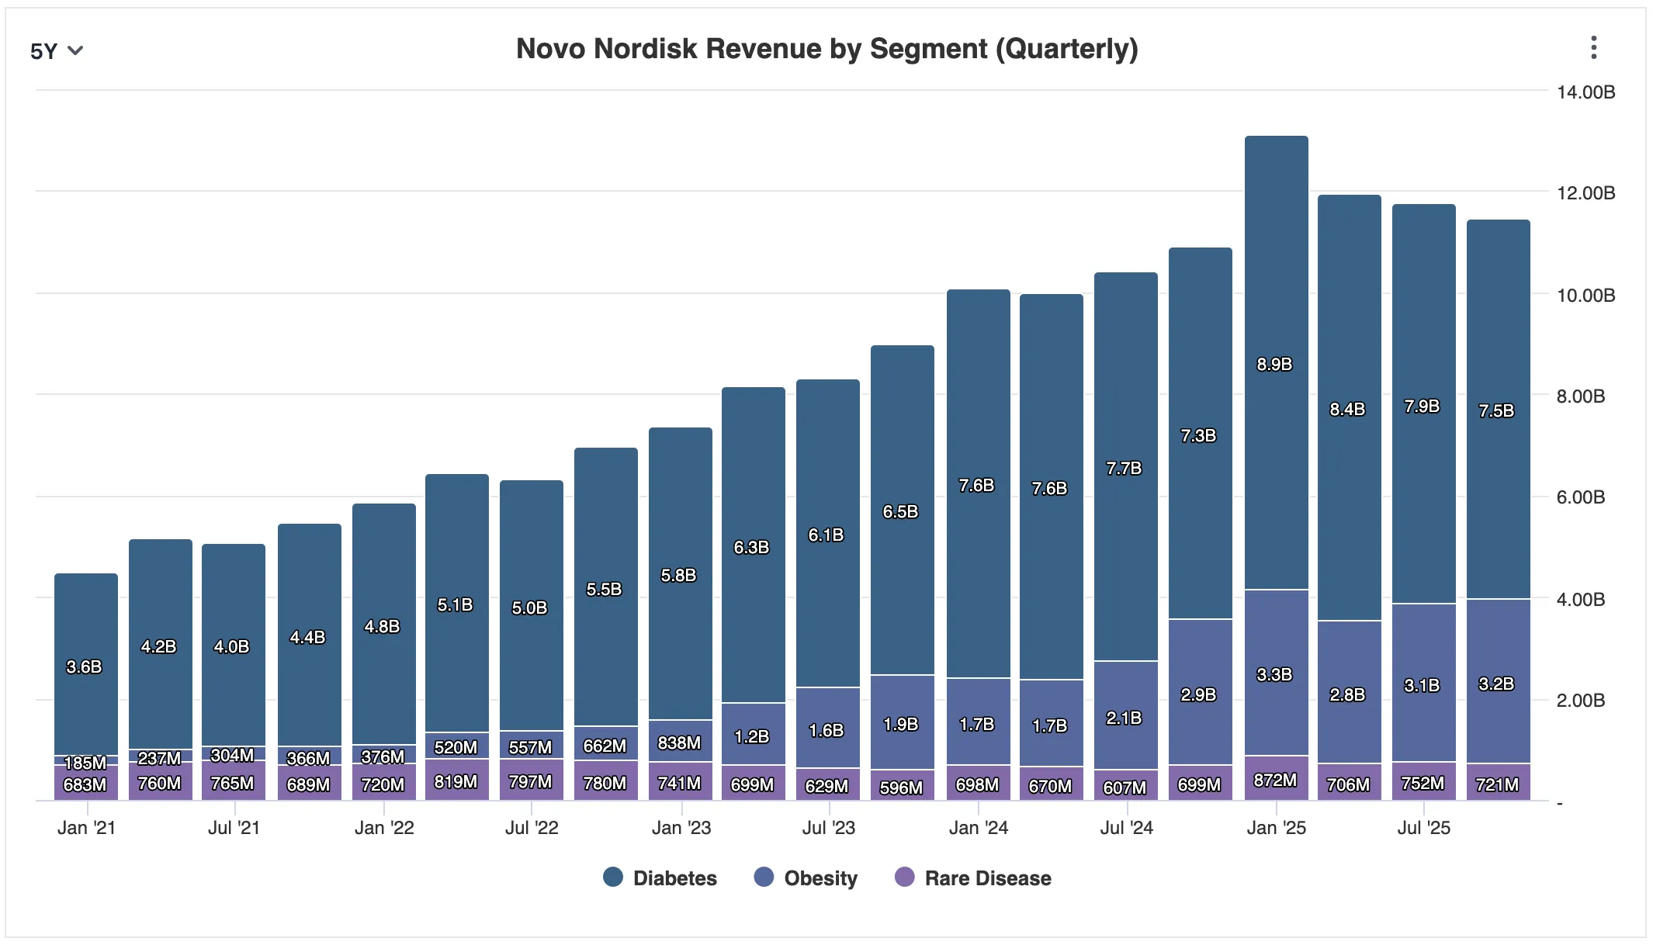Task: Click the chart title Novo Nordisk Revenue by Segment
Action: (x=826, y=49)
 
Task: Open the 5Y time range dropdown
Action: (x=56, y=51)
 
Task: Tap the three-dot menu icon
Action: (x=1593, y=48)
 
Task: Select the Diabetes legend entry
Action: (x=660, y=877)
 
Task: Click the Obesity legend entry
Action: (x=806, y=877)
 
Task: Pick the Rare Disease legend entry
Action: (x=973, y=877)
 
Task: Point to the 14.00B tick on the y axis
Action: (x=1585, y=92)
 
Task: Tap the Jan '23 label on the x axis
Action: (x=681, y=828)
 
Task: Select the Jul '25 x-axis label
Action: (x=1423, y=828)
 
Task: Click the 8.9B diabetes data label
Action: (x=1274, y=364)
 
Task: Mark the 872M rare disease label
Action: (x=1275, y=780)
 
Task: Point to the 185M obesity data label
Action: (x=85, y=763)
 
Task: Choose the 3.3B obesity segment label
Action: (x=1274, y=674)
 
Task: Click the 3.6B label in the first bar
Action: (x=84, y=666)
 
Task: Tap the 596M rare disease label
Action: (x=901, y=787)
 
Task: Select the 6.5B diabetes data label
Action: (x=900, y=511)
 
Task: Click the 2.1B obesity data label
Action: (x=1124, y=718)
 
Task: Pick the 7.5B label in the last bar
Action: (x=1496, y=410)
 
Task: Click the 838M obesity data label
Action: (x=679, y=742)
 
